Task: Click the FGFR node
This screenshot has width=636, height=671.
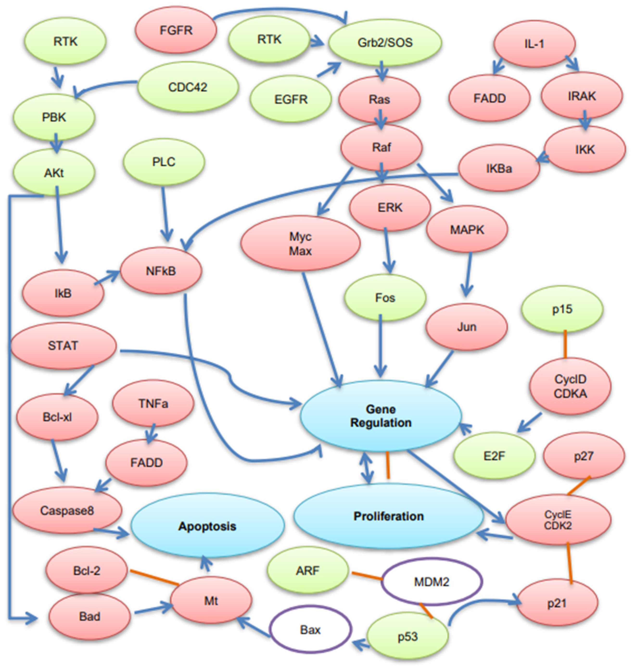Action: pyautogui.click(x=176, y=30)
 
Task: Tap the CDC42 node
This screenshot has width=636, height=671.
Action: pyautogui.click(x=188, y=87)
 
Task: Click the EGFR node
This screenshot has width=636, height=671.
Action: pyautogui.click(x=291, y=99)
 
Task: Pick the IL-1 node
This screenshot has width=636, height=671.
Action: pyautogui.click(x=534, y=44)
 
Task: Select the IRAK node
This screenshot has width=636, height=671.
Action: pyautogui.click(x=581, y=96)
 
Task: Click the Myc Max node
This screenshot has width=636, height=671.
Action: pyautogui.click(x=300, y=244)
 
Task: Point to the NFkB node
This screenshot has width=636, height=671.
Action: pyautogui.click(x=161, y=271)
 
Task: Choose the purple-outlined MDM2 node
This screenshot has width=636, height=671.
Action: pyautogui.click(x=431, y=582)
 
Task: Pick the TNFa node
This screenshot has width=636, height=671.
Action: pyautogui.click(x=153, y=404)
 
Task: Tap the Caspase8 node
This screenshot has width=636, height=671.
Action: pyautogui.click(x=67, y=510)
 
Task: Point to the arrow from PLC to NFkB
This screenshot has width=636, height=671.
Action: pyautogui.click(x=165, y=214)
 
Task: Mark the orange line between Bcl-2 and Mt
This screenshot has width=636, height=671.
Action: pyautogui.click(x=154, y=577)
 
